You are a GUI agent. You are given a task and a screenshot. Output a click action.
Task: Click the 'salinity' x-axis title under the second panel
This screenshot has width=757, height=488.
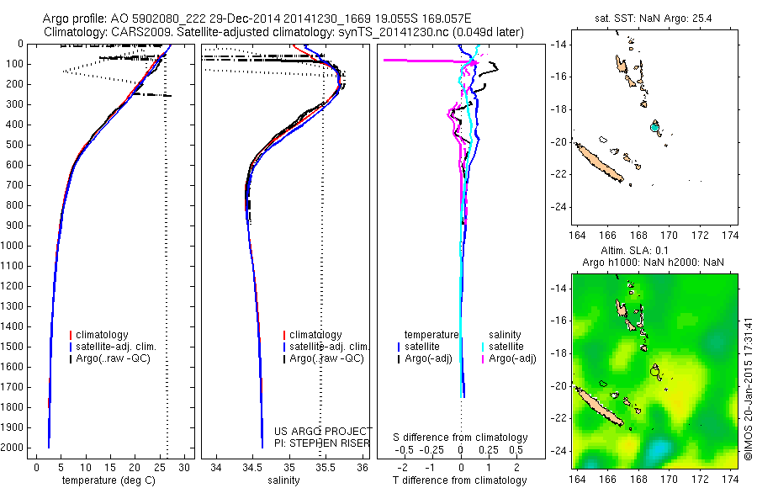coord(283,480)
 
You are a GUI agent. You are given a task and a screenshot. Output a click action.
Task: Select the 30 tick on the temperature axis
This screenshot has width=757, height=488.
coord(185,466)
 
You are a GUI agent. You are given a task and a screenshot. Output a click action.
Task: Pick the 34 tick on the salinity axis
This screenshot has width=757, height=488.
coord(216,466)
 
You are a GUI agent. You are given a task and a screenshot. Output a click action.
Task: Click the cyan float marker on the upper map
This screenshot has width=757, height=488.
coord(654,127)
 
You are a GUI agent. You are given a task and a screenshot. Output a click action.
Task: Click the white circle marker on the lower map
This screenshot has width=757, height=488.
coord(654,369)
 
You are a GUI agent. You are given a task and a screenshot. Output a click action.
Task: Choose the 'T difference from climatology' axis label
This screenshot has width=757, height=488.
coord(460,480)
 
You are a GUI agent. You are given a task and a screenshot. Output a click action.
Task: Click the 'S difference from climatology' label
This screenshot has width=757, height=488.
coord(460,438)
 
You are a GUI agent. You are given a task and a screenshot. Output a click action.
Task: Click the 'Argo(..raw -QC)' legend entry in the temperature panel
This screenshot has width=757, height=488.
coord(117,358)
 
